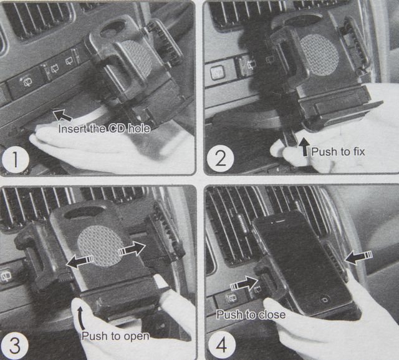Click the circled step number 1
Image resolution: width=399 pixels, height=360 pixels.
point(15,159)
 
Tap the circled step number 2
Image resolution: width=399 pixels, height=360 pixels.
point(220,158)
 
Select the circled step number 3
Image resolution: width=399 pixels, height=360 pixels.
point(15,346)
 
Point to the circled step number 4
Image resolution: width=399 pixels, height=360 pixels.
point(222,345)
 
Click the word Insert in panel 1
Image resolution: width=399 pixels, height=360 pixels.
point(72,129)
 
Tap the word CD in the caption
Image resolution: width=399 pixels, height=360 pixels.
point(116,129)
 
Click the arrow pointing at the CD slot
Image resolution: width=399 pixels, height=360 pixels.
point(62,115)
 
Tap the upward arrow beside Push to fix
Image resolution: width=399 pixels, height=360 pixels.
point(304,147)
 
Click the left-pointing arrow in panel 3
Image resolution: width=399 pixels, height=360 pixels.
point(80,261)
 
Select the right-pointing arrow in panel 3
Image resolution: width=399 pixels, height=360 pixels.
point(132,249)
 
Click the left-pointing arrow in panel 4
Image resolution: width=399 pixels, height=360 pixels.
point(358,257)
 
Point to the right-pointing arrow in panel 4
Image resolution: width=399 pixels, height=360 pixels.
point(244,283)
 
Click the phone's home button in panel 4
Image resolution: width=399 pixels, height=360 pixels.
point(324,299)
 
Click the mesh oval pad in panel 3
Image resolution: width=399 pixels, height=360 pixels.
point(101,246)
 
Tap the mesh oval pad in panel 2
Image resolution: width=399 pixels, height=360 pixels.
point(320,54)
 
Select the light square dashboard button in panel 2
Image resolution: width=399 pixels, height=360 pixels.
point(218,72)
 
